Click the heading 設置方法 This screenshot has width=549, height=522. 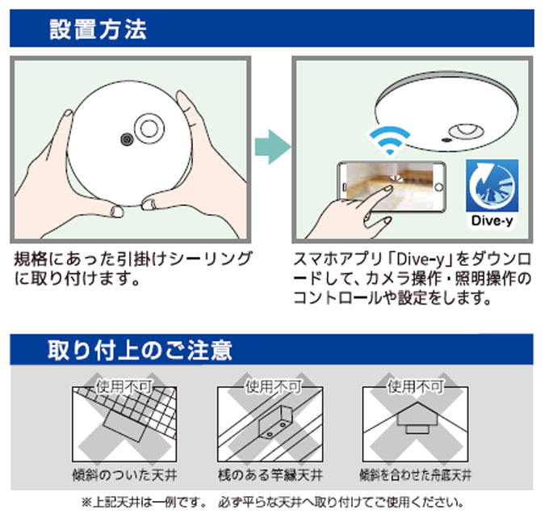click(98, 29)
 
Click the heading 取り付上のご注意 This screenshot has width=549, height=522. click(140, 350)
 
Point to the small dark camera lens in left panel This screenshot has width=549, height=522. click(126, 139)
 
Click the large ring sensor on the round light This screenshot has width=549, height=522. click(149, 128)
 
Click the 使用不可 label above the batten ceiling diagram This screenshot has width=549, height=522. click(270, 385)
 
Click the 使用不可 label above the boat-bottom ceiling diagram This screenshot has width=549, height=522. click(416, 385)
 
